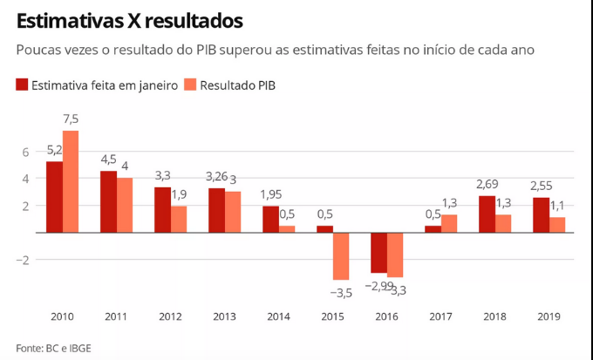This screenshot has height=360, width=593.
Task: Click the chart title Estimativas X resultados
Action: coord(129,19)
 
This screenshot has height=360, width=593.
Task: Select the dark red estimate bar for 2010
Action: coord(54,197)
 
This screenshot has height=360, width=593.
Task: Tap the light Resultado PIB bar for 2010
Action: coord(71,181)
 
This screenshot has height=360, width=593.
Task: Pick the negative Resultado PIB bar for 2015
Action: coord(341,256)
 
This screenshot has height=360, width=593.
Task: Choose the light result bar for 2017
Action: coord(449,224)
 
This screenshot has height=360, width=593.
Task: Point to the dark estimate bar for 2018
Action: coord(487,214)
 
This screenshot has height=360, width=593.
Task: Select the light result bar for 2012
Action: coord(179,220)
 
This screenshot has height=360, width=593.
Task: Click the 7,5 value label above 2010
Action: coord(71,119)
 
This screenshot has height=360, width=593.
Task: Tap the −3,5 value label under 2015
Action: coord(341,293)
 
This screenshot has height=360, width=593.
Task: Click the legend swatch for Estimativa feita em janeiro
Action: coord(22,85)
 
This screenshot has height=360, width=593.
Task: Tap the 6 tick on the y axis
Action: coord(26,152)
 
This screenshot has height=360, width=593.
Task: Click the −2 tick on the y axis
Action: coord(24,260)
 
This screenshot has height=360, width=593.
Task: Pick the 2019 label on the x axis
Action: coord(549,317)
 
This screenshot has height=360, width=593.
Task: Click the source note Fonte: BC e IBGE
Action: coord(53,348)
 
